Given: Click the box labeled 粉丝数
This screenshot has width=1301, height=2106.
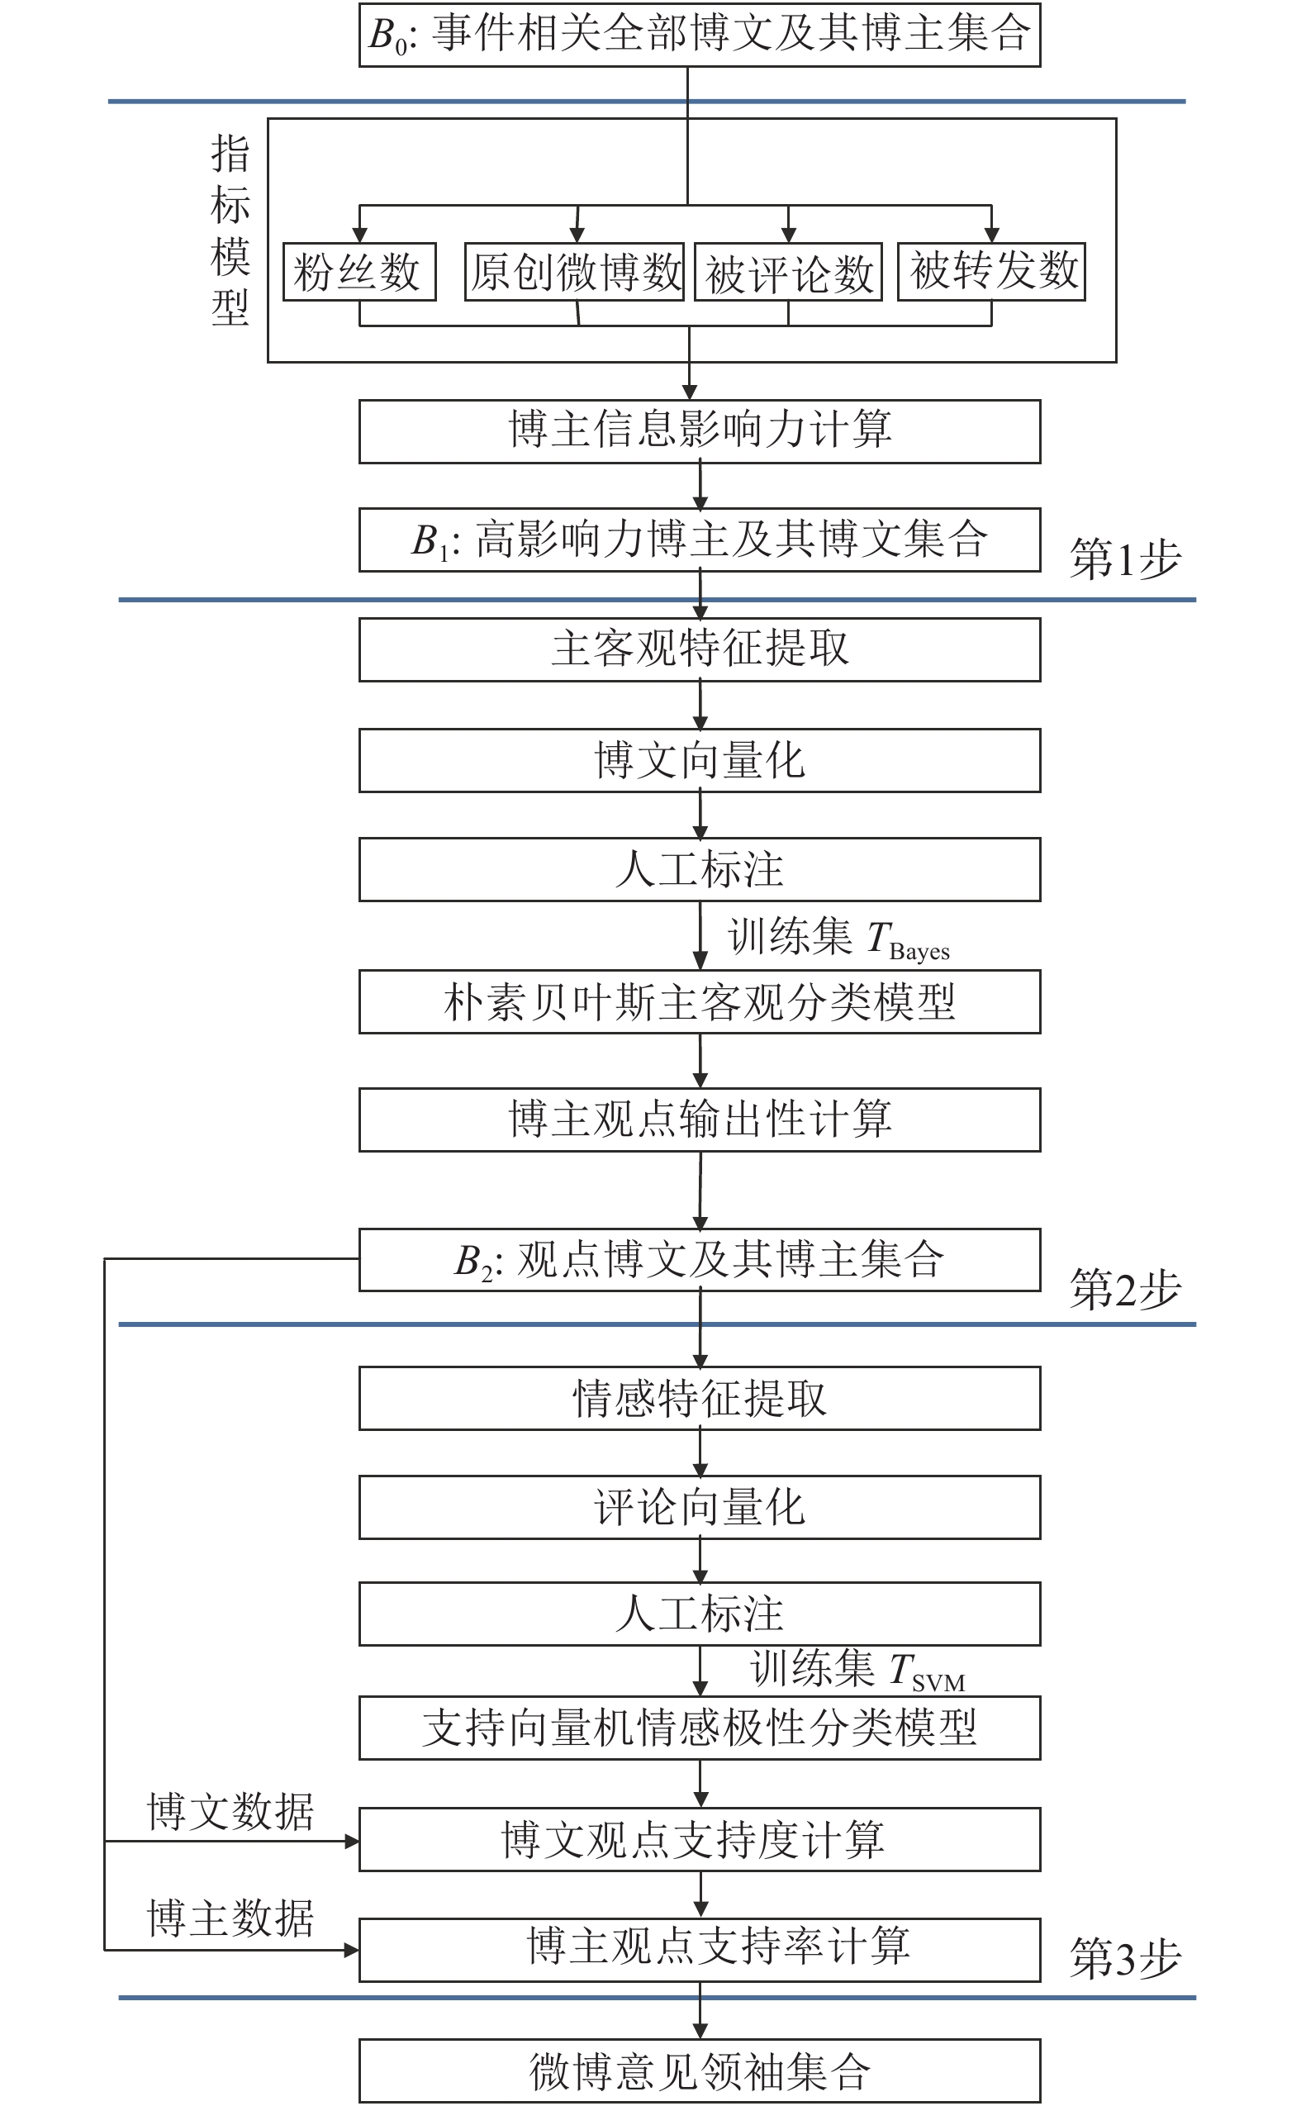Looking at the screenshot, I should pos(358,272).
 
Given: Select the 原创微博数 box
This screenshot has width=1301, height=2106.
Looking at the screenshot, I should pos(574,272).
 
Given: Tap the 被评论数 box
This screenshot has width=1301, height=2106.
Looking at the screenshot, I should pos(788,273).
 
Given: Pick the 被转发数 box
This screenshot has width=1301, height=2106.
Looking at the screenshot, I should pos(991,272).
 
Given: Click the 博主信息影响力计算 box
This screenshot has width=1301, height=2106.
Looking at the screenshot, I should pos(700,431).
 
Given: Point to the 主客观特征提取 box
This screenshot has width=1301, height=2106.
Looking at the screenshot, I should pos(700,649).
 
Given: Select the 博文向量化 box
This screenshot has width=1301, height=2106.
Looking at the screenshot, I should pos(700,761).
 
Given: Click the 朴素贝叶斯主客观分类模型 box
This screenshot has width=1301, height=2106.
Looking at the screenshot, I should pos(700,1002).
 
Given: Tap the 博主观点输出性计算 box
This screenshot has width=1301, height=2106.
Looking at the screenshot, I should pos(700,1120).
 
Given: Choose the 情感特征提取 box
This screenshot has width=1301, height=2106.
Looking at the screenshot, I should pos(700,1399).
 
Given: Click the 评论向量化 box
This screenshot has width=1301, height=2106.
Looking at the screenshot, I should pos(700,1508).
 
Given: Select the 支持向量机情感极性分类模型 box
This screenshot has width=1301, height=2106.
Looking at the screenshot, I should pos(700,1728).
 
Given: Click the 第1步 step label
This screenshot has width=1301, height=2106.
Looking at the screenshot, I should pos(1124,559).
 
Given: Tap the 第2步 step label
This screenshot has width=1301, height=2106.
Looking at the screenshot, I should pos(1124,1289).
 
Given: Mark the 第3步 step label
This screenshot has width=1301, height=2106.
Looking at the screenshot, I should pos(1124,1959).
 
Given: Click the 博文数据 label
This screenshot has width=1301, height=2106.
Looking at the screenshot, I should pos(230,1812).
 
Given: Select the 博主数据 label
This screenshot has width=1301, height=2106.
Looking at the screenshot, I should pos(230,1918).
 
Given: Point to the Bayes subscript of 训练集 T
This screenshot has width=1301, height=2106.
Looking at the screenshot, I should pos(919,952).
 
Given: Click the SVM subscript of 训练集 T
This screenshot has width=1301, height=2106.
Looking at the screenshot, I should pos(938,1682).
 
